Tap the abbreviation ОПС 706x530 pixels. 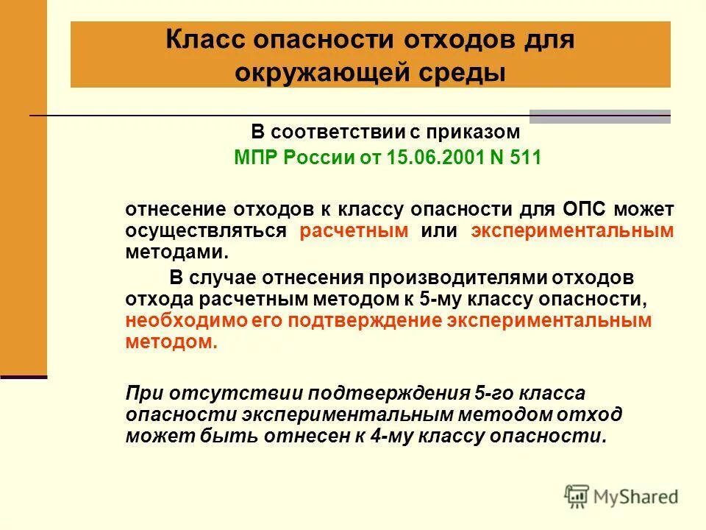584,210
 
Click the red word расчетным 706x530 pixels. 354,230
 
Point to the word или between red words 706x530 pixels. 439,230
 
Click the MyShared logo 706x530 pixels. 621,495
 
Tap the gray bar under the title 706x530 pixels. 600,116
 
